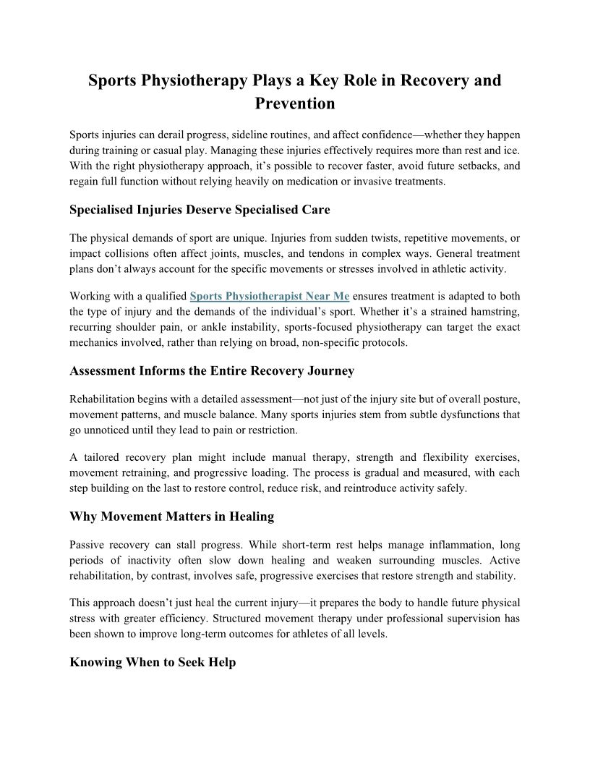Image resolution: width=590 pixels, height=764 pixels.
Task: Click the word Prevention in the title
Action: [x=295, y=103]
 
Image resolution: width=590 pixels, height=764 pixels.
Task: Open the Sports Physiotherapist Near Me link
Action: [x=270, y=297]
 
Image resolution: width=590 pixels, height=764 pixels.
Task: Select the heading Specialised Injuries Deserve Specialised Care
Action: [x=200, y=211]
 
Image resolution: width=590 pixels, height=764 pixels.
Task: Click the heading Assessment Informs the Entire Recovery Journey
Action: [x=212, y=371]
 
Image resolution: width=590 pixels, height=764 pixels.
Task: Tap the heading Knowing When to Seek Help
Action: [x=153, y=662]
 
